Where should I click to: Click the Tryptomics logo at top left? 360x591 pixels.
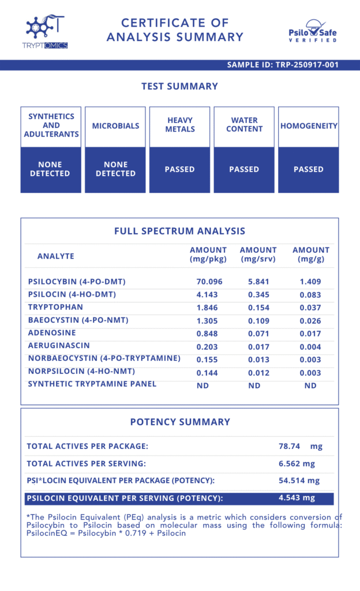coord(47,32)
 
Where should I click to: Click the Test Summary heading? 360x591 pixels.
coord(179,87)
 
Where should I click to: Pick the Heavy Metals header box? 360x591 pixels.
coord(180,125)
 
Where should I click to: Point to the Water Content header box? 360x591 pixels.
coord(244,125)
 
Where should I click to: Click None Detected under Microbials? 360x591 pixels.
coord(115,169)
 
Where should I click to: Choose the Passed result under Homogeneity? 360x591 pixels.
coord(308,170)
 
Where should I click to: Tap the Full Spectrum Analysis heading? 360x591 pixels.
coord(179,231)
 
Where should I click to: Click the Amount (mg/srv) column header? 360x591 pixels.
coord(258,255)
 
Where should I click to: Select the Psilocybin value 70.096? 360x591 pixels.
coord(208,282)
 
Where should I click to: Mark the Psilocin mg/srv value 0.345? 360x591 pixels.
coord(258,295)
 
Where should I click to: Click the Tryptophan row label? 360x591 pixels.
coord(55,308)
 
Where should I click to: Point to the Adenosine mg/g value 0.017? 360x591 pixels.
coord(310,334)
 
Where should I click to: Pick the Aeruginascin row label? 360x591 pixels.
coord(58,346)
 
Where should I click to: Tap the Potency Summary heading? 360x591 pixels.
coord(179,422)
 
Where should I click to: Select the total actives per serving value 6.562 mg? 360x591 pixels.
coord(297,464)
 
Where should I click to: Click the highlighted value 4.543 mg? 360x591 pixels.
coord(297,498)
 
